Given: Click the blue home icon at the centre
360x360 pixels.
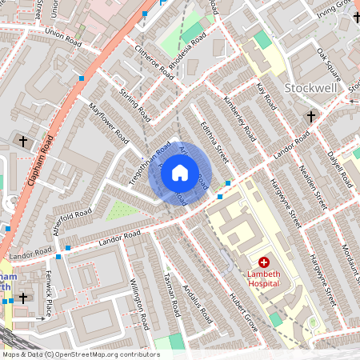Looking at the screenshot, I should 180,173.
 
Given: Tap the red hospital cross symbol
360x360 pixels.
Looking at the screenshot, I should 264,262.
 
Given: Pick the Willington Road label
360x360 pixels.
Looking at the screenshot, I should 139,304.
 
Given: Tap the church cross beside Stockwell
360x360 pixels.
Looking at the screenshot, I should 311,117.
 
